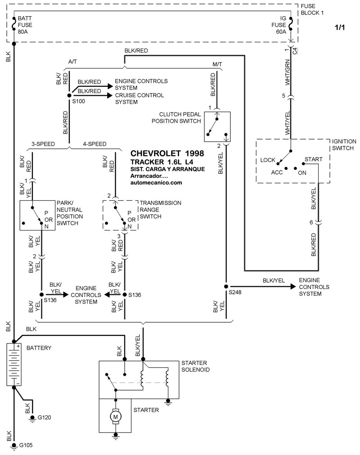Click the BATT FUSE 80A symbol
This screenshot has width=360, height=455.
click(x=13, y=24)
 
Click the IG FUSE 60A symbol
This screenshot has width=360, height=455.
click(x=291, y=24)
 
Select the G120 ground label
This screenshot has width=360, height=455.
click(x=45, y=418)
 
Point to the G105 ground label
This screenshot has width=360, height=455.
click(x=26, y=445)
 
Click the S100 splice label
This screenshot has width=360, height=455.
click(x=78, y=101)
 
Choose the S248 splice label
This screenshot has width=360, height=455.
click(x=235, y=292)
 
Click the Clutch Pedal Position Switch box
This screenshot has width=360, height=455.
click(x=217, y=127)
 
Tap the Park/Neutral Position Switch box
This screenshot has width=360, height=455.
click(x=37, y=215)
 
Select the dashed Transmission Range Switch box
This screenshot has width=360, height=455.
click(x=121, y=215)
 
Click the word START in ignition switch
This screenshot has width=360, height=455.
click(x=313, y=159)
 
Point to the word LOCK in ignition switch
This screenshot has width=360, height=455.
click(x=267, y=160)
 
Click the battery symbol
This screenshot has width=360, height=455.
click(x=13, y=365)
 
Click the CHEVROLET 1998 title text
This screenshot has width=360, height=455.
click(x=167, y=153)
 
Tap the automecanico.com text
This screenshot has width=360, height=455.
click(x=156, y=183)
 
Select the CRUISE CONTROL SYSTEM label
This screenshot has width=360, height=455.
click(x=139, y=99)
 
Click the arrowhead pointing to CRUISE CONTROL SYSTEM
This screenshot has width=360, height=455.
click(x=110, y=95)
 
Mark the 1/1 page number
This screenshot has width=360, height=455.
click(x=340, y=27)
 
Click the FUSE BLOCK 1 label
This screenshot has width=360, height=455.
click(x=312, y=9)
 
